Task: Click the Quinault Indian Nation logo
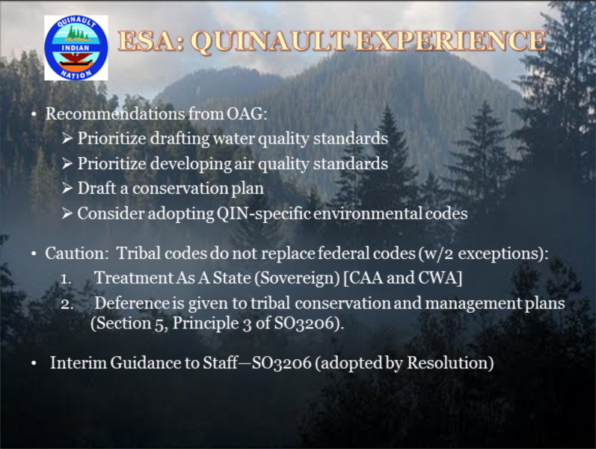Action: coord(76,48)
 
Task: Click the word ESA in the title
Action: coord(151,40)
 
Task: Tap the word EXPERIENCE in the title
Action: coord(450,40)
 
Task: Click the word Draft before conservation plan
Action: coord(96,188)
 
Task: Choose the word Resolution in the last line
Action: coord(450,363)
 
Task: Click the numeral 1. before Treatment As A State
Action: coord(66,279)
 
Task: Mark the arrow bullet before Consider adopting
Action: coord(67,213)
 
